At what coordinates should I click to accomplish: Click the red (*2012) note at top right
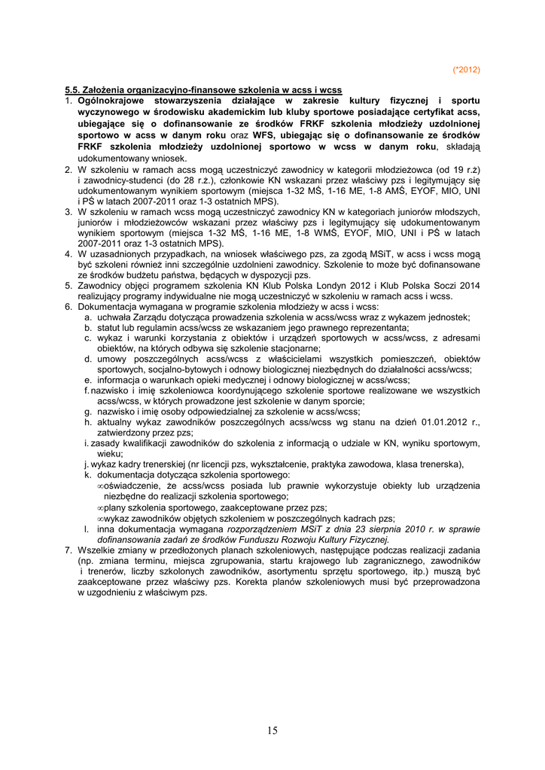point(466,70)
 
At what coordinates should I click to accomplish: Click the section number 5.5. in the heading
point(73,90)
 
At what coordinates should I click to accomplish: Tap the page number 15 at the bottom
point(272,729)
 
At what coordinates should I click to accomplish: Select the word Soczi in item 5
point(432,286)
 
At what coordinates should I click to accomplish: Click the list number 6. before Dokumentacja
point(68,307)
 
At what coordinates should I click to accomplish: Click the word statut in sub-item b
point(108,328)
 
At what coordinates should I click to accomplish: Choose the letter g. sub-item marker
point(89,411)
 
